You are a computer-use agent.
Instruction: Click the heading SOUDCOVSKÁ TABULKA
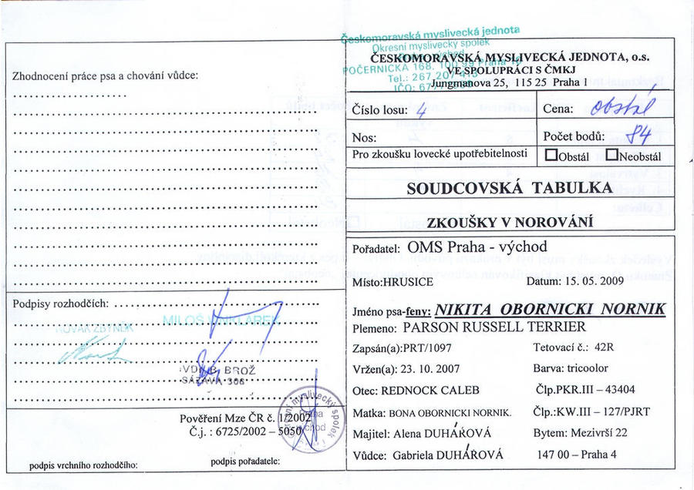[x=510, y=188]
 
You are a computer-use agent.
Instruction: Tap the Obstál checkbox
[x=551, y=155]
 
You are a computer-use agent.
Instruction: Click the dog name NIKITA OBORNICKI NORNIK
[x=550, y=310]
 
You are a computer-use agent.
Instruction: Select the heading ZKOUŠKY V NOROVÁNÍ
[x=510, y=223]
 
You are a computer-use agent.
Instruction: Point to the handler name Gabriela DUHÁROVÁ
[x=447, y=455]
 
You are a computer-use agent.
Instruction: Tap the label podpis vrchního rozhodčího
[x=83, y=466]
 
